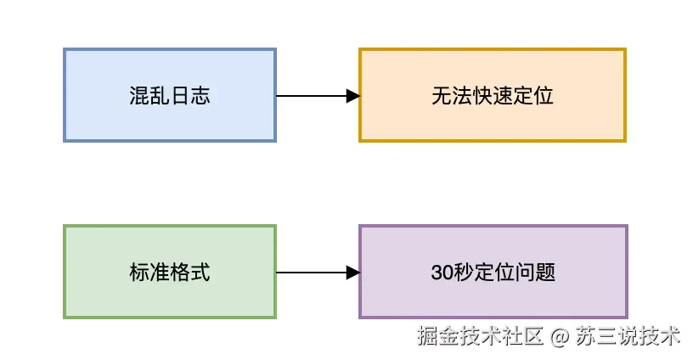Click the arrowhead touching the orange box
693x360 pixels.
click(x=352, y=96)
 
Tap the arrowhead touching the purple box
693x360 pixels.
click(x=352, y=273)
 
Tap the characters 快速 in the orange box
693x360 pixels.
click(x=493, y=96)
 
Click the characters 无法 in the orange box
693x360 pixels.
click(x=452, y=96)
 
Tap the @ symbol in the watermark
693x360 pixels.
click(x=558, y=337)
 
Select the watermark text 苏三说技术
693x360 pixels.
click(x=628, y=337)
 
